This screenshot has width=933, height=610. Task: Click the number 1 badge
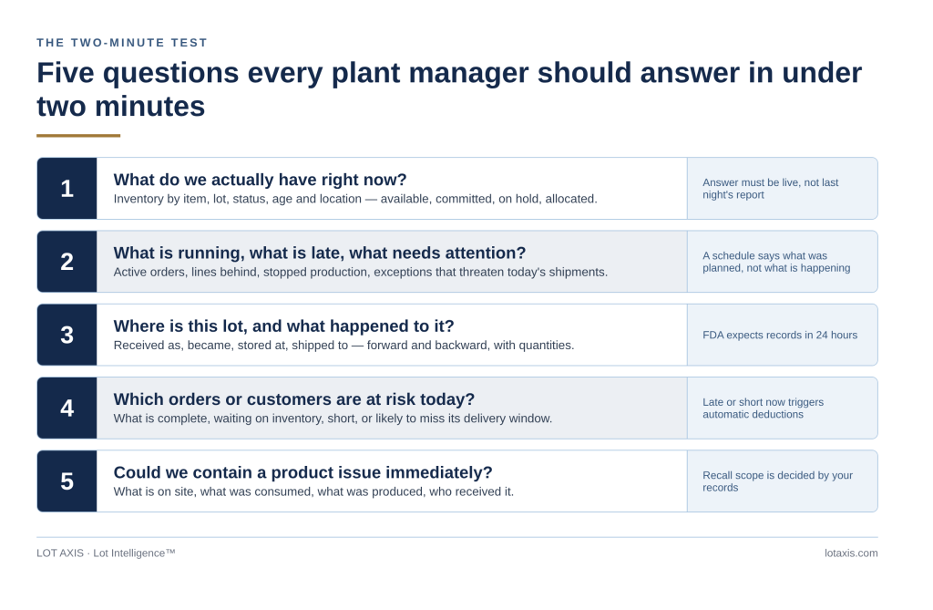[x=67, y=188]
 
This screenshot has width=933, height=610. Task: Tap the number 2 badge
[x=67, y=262]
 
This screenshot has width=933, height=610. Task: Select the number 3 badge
[x=67, y=335]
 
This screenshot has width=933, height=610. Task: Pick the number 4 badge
[x=67, y=408]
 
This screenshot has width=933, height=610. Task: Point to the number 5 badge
[x=67, y=481]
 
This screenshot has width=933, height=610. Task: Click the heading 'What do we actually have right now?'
[x=260, y=180]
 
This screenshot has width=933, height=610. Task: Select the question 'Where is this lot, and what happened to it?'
[x=284, y=326]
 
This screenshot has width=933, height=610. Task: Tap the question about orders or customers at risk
[x=294, y=399]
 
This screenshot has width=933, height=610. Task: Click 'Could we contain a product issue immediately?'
[x=302, y=472]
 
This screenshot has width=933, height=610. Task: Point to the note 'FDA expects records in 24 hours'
[x=780, y=336]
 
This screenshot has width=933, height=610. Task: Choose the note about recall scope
[x=778, y=481]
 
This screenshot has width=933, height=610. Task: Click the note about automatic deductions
[x=764, y=408]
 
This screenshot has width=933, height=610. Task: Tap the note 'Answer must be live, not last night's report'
[x=771, y=189]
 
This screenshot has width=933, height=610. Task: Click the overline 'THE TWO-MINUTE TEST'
[x=122, y=43]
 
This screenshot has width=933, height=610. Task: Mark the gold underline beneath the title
[x=78, y=136]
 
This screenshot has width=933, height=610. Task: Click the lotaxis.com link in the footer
[x=851, y=553]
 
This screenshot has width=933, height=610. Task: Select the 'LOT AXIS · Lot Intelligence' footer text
[x=106, y=553]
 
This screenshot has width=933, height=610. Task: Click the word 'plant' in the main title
[x=366, y=74]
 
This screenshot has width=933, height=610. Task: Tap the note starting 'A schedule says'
[x=776, y=262]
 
